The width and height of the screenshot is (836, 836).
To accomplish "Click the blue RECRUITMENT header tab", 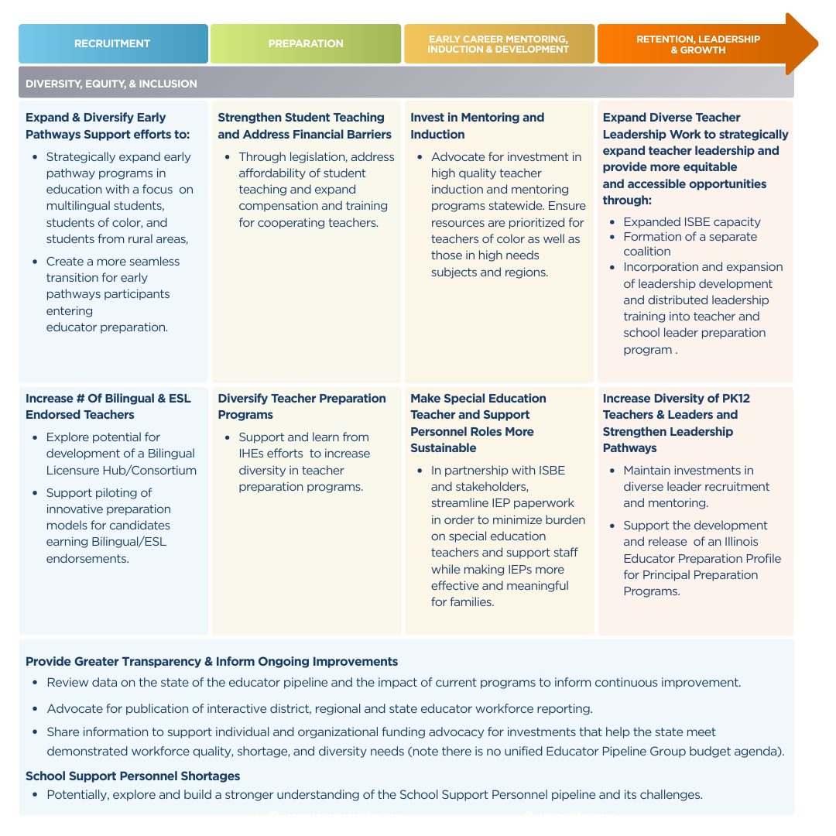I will (x=112, y=43).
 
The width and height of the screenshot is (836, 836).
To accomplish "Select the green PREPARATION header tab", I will (x=306, y=43).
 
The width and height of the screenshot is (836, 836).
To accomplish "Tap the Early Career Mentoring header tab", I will (x=499, y=43).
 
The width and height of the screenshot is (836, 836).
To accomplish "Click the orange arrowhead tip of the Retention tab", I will (x=809, y=43).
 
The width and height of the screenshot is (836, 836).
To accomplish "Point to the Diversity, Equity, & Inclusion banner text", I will (x=111, y=84).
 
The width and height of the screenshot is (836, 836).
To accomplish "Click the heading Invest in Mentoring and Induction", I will (x=477, y=125).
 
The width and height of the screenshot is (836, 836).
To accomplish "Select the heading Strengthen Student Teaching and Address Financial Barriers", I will (x=304, y=125).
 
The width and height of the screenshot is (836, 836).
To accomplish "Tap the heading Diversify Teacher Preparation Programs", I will (x=302, y=406).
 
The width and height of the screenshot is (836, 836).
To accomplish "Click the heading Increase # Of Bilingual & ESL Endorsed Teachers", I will (x=108, y=406).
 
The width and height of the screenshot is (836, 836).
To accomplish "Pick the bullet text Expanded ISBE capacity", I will (x=692, y=221).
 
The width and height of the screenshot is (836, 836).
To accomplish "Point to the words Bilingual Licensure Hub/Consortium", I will (x=121, y=462).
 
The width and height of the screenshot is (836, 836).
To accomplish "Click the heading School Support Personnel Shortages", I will (x=132, y=776).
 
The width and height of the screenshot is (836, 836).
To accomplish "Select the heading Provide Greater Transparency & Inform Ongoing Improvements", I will (x=211, y=661).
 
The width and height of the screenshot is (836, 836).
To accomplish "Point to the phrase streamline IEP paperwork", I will (x=502, y=503).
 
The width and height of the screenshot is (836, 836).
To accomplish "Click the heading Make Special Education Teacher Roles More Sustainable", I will (x=478, y=423).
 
